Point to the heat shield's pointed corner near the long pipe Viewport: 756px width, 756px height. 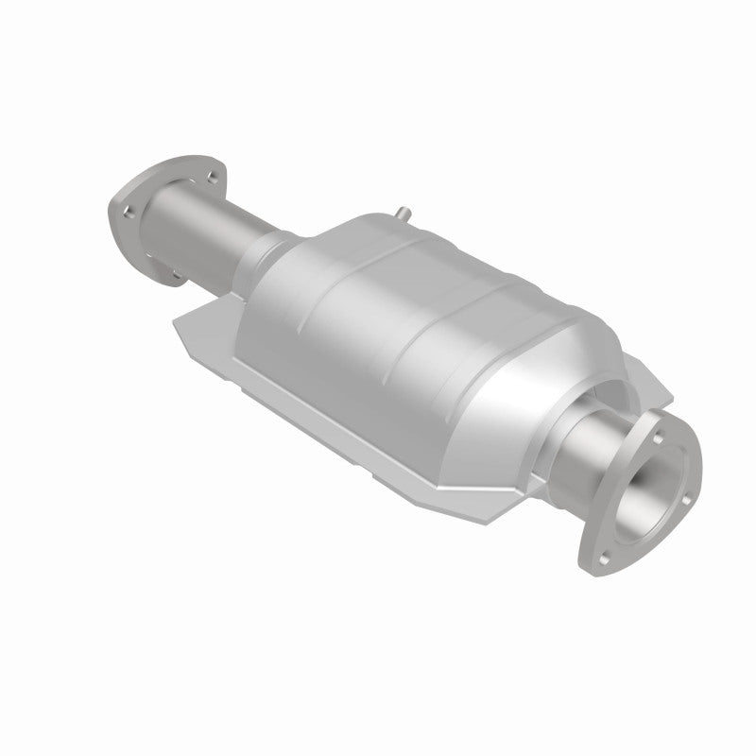[179, 326]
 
